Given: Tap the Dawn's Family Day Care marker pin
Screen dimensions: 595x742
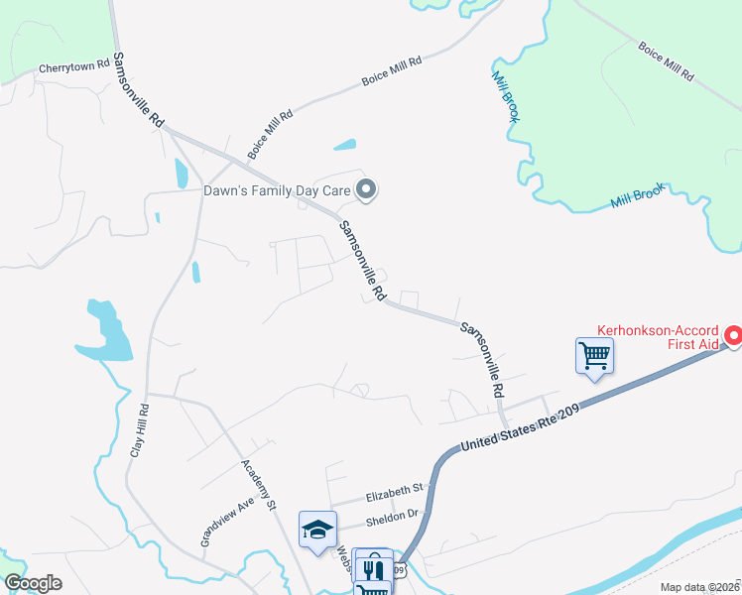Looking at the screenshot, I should pyautogui.click(x=367, y=188).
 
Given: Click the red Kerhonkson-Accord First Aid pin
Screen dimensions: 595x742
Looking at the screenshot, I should pyautogui.click(x=733, y=337).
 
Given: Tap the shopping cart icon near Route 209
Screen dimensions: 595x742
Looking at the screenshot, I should pyautogui.click(x=594, y=354).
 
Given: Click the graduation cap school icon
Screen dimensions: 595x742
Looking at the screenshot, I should pyautogui.click(x=317, y=528).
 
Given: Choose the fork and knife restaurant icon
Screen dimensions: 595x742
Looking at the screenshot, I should pyautogui.click(x=374, y=568).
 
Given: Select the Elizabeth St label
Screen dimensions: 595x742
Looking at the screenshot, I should pyautogui.click(x=394, y=488).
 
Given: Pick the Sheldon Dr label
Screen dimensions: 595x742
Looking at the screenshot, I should pyautogui.click(x=393, y=517).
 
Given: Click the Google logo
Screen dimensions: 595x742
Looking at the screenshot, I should pyautogui.click(x=33, y=583).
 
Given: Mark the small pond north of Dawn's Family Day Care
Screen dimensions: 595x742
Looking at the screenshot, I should pyautogui.click(x=344, y=145).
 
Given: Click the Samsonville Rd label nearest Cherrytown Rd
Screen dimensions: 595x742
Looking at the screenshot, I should pyautogui.click(x=139, y=88).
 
